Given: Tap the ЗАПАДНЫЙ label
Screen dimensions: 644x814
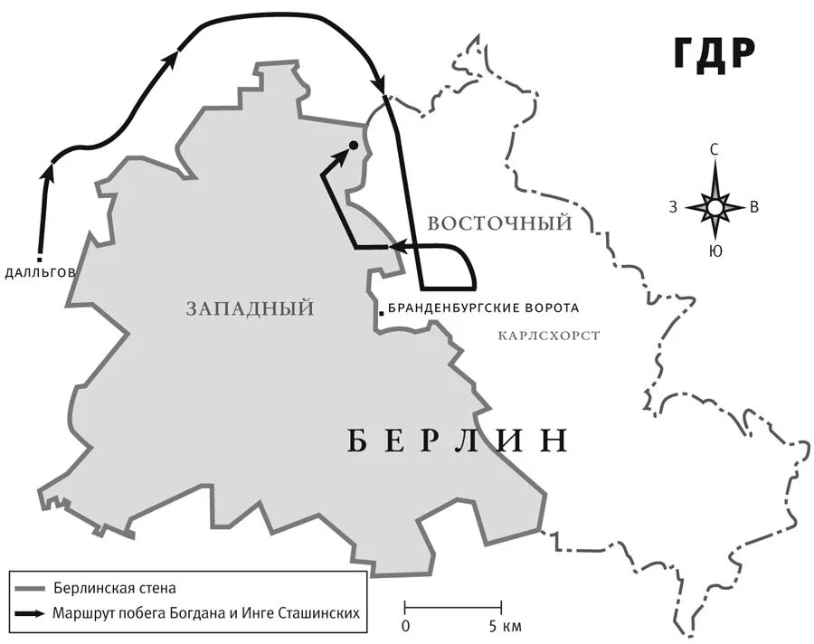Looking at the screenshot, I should pos(251,309).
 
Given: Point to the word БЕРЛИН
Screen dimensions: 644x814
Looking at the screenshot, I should pos(458,440).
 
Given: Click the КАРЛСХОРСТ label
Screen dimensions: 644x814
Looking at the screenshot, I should pos(549,336).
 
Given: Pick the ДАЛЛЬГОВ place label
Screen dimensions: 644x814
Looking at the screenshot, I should pos(40,272).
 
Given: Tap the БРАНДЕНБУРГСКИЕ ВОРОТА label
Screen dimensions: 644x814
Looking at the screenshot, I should pos(483,308).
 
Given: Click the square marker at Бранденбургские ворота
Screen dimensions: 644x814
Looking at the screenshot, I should pos(383,313).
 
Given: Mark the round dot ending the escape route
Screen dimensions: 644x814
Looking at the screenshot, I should pos(353,145).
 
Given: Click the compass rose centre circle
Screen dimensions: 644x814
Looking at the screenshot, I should pos(715,208).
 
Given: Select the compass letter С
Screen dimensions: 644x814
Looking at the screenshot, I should pos(715,150).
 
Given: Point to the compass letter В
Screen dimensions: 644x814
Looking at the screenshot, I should pos(754,208).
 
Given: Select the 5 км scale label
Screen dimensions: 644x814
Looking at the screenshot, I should pos(506,626).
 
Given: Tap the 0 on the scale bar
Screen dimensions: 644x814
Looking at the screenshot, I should pos(406,626).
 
